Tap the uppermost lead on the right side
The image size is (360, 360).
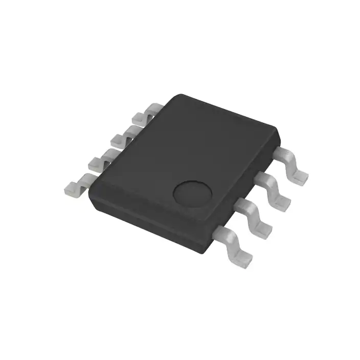click(293, 163)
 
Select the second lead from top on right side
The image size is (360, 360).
click(274, 188)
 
